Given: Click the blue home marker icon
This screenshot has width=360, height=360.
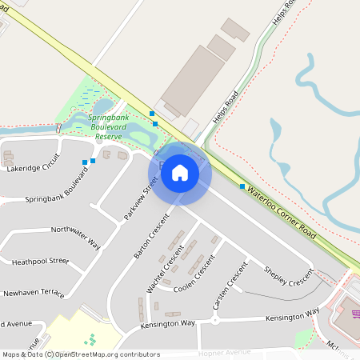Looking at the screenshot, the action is pyautogui.click(x=180, y=172).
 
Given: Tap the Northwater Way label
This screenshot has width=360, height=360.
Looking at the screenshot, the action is pyautogui.click(x=75, y=231).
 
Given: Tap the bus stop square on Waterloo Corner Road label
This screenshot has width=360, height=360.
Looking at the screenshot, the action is pyautogui.click(x=242, y=186).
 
